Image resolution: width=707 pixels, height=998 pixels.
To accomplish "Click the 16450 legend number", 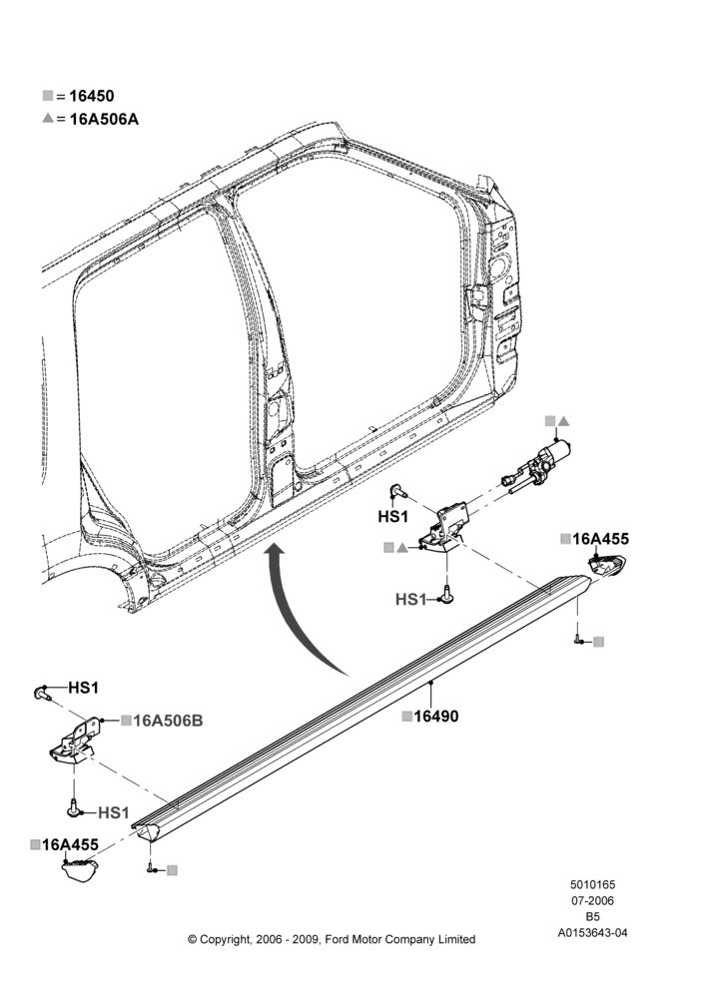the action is pyautogui.click(x=92, y=96).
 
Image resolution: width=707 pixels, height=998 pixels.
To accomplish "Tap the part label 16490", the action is pyautogui.click(x=436, y=716).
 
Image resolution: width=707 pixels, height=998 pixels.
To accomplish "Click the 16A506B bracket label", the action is pyautogui.click(x=168, y=721).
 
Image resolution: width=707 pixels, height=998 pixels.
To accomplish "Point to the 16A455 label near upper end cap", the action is pyautogui.click(x=600, y=539).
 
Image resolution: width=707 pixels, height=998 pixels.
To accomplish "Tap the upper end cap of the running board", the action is pyautogui.click(x=606, y=565).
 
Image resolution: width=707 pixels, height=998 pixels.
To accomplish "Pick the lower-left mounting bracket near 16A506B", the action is pyautogui.click(x=76, y=741).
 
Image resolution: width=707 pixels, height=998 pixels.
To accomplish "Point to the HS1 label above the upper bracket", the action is pyautogui.click(x=393, y=516).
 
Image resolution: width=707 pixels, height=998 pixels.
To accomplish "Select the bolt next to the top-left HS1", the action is pyautogui.click(x=42, y=693).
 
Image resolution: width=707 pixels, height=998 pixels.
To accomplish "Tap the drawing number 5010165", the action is pyautogui.click(x=592, y=884).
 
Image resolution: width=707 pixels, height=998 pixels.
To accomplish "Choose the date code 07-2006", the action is pyautogui.click(x=592, y=900).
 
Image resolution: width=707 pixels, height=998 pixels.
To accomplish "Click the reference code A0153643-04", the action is pyautogui.click(x=592, y=933).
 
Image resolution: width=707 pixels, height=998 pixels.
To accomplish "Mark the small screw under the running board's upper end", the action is pyautogui.click(x=578, y=641).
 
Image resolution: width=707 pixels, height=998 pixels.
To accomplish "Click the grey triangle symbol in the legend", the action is pyautogui.click(x=48, y=119).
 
